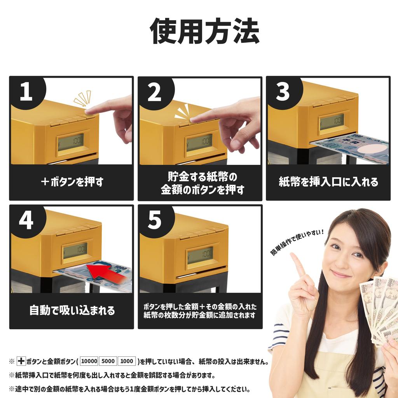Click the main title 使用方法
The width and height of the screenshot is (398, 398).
coord(204,31)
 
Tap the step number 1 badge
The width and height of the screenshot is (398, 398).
coord(26,92)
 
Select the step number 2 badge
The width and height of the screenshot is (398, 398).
coord(155,92)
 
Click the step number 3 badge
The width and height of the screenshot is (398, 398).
coord(283,92)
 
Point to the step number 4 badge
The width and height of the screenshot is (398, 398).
coord(26,220)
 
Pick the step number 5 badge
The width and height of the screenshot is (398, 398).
coord(155,220)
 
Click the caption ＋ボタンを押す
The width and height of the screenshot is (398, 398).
coord(72,182)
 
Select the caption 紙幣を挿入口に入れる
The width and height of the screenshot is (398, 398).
coord(328,182)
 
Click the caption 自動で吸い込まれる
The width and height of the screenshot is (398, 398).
coord(72,311)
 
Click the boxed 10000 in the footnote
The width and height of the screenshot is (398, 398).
coord(89,361)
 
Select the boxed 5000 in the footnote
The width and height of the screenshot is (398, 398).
coord(108,361)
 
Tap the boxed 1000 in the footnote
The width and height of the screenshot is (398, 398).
coord(127,361)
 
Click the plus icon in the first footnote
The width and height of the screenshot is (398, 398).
coord(21,361)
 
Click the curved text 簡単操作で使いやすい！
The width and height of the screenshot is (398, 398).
coord(297,242)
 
